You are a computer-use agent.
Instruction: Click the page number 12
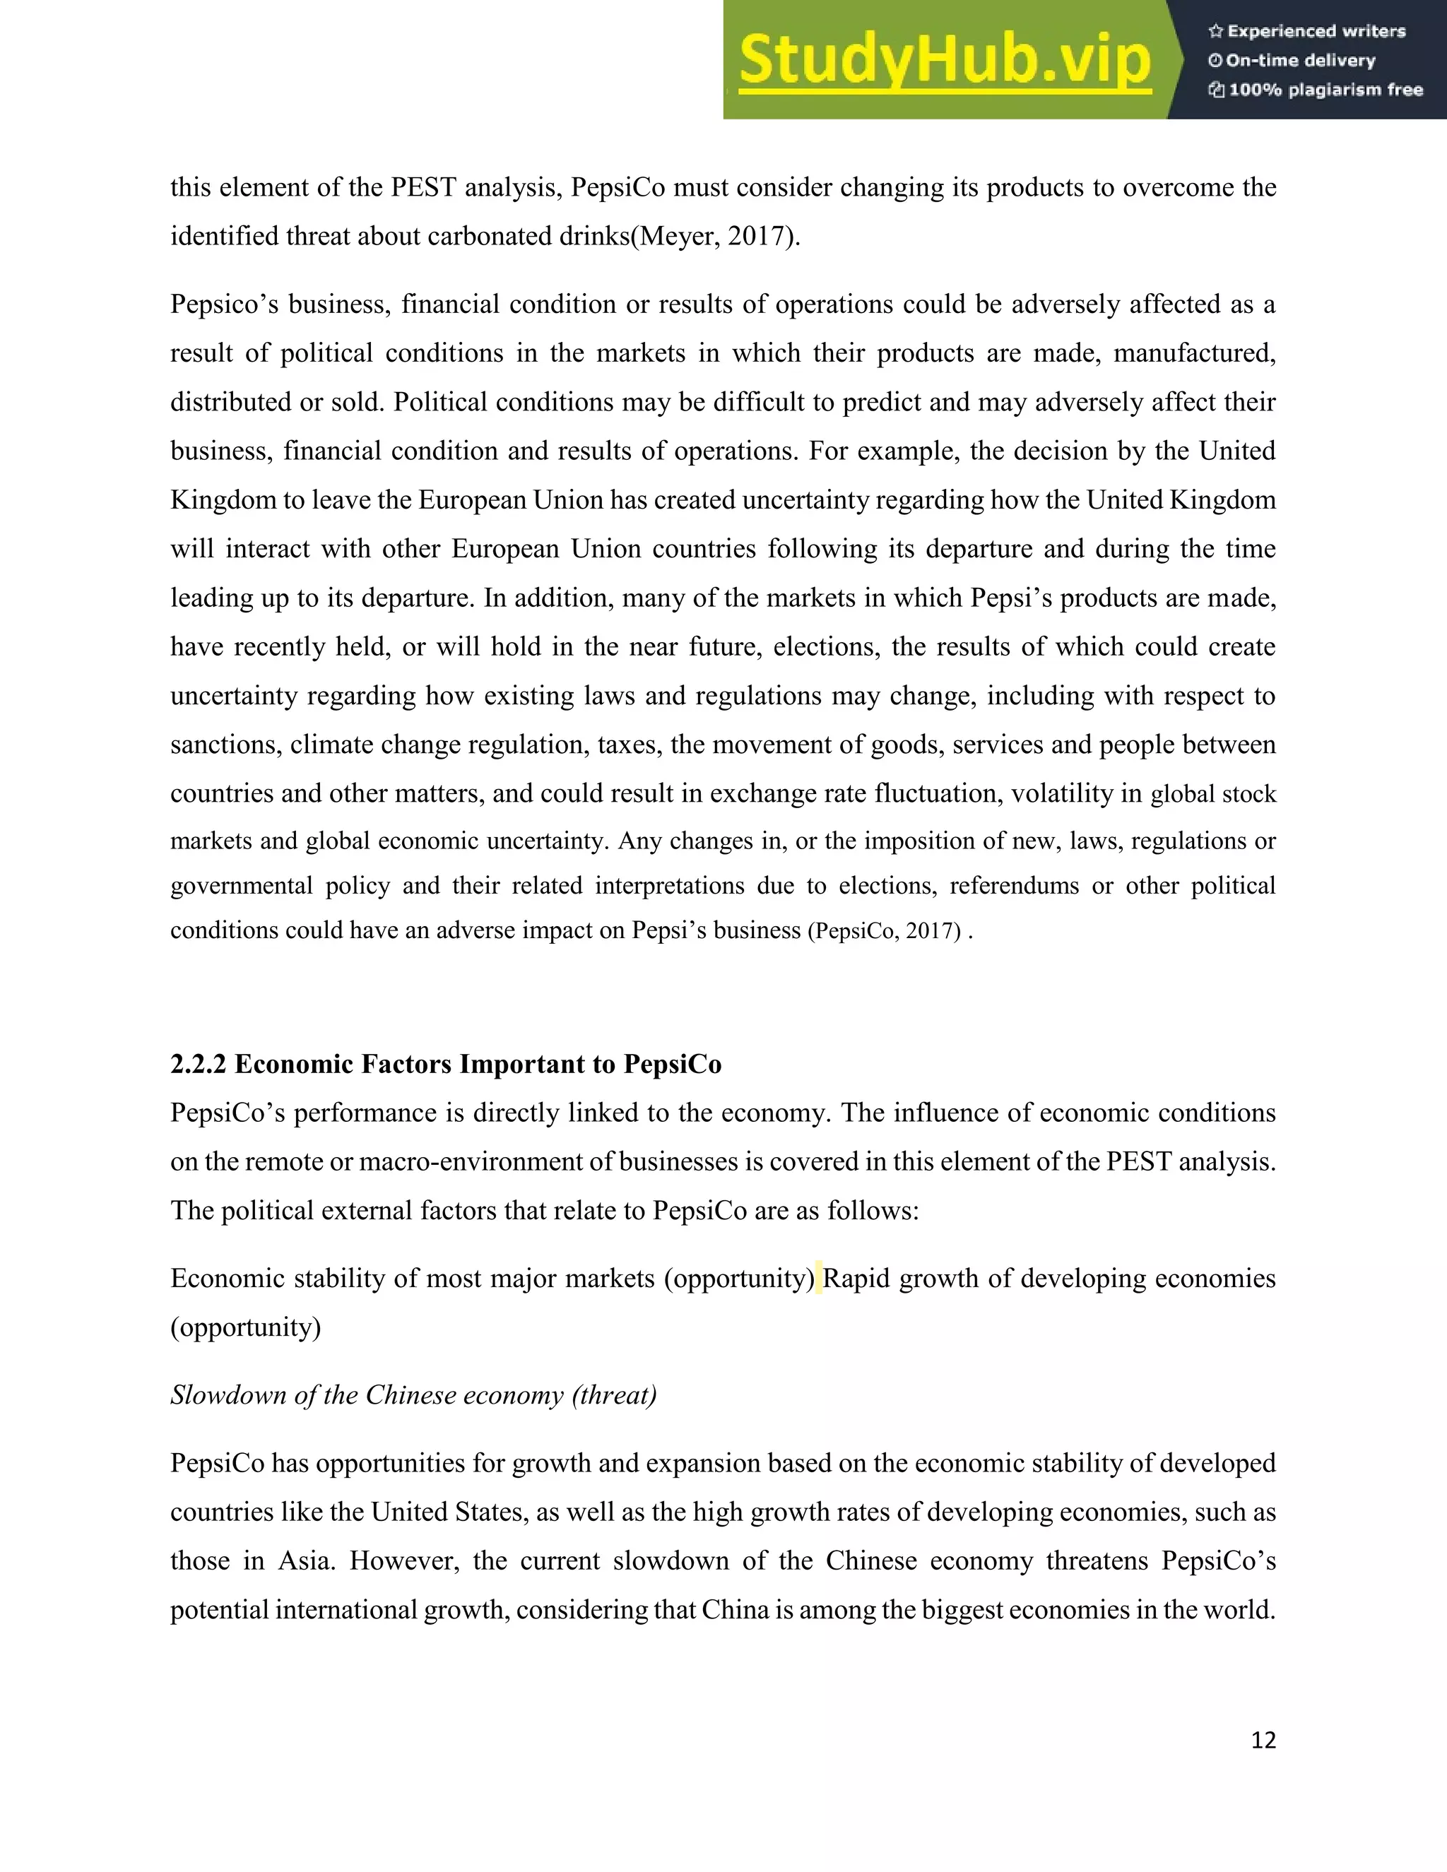1263,1741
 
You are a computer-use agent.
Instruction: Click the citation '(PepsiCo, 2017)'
884,931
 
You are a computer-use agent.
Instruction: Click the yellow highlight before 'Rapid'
819,1278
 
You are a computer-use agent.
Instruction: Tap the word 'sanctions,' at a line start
225,745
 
